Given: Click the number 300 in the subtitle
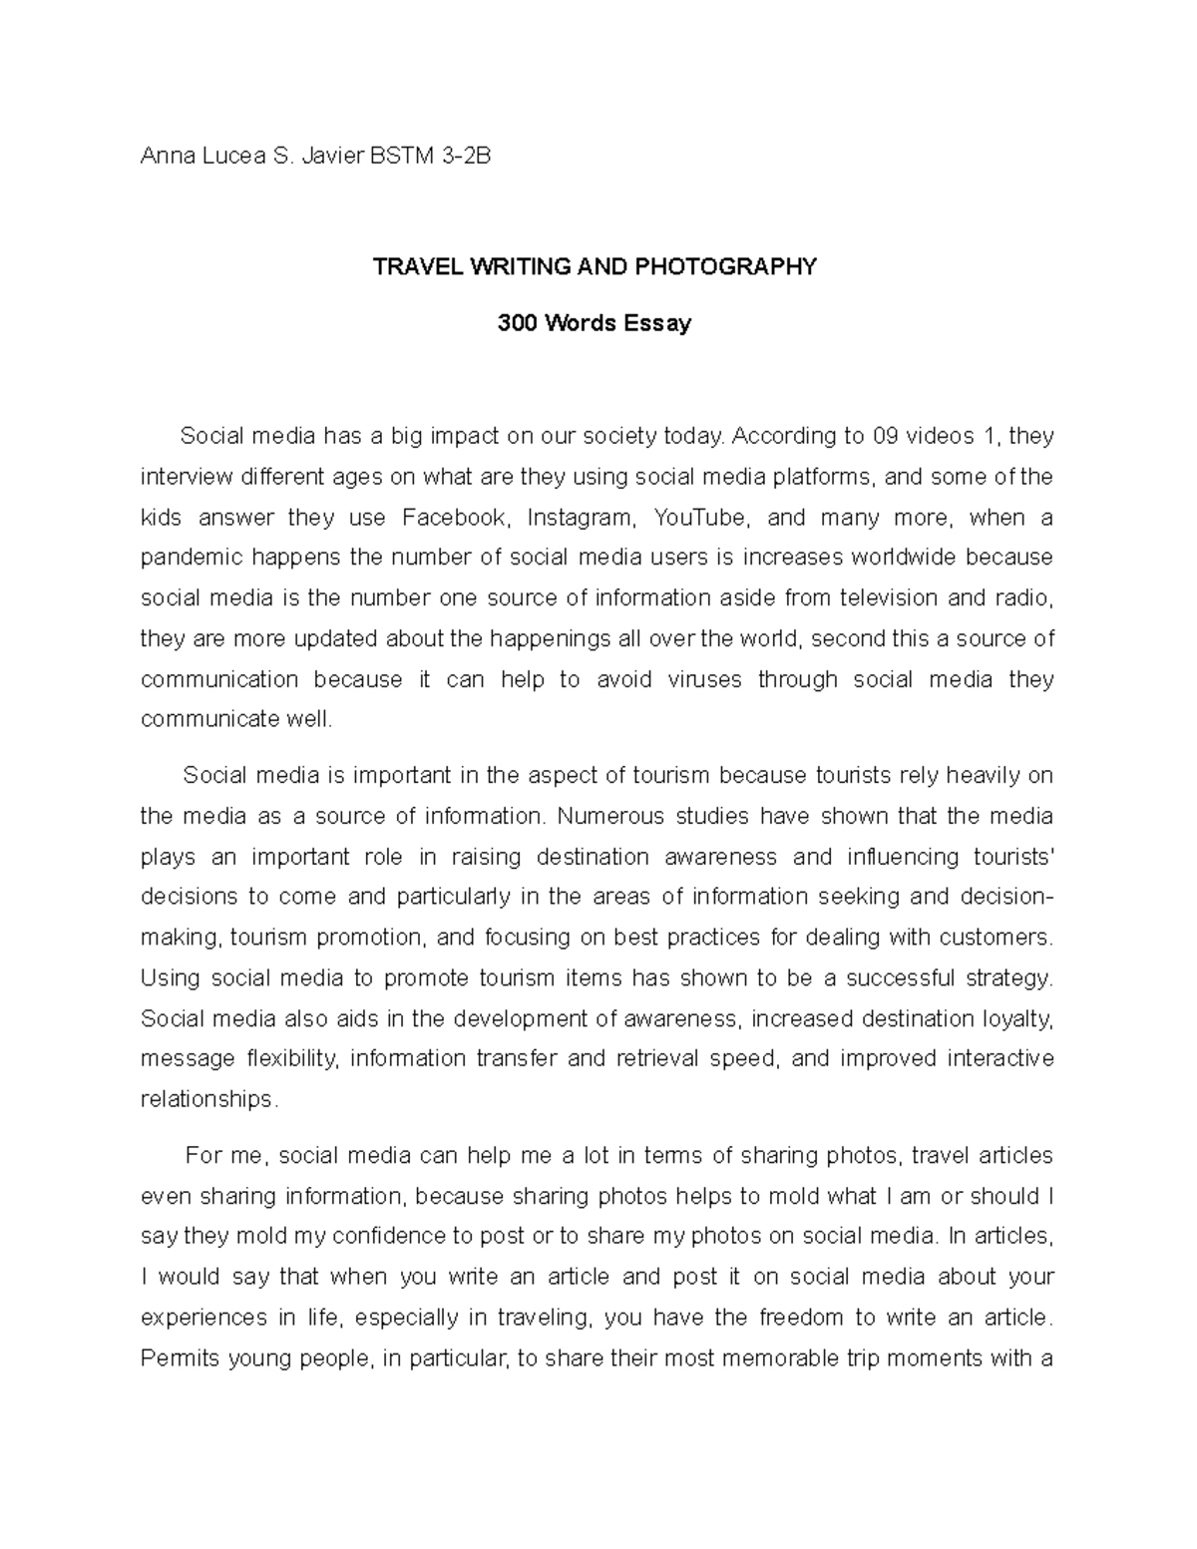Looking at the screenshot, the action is tap(516, 323).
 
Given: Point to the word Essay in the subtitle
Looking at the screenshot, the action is tap(657, 323).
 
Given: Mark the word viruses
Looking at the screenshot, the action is tap(705, 679).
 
